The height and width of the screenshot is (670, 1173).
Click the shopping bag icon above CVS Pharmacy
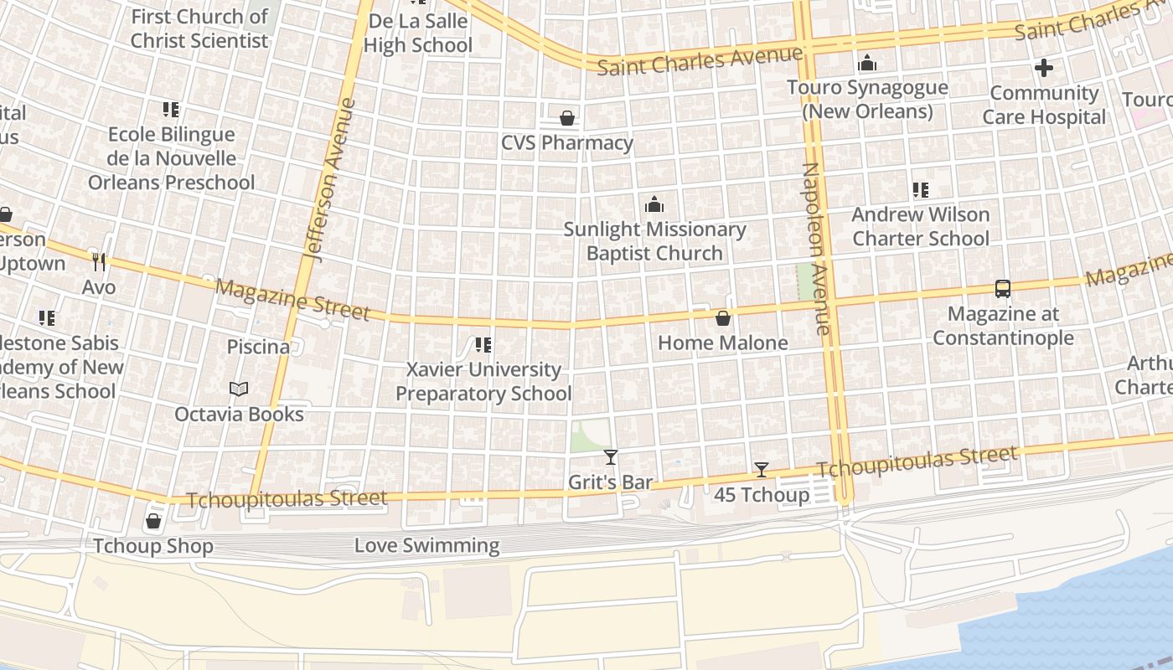(567, 118)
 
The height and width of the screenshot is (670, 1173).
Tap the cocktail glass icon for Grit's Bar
(611, 457)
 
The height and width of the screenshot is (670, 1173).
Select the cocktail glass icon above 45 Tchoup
(761, 470)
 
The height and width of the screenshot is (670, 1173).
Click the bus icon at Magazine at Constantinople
(1002, 289)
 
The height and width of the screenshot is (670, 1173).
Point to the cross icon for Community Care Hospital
(1044, 68)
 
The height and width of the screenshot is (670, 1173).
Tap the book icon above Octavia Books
(239, 389)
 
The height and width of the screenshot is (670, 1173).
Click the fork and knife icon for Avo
(99, 262)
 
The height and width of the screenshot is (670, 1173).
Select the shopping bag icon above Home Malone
(723, 318)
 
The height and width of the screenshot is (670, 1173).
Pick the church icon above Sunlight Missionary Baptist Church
(654, 204)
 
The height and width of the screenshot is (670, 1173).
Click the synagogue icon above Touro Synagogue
(867, 63)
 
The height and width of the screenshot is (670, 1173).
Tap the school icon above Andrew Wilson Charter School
(921, 190)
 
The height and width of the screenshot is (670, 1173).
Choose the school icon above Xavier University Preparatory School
(483, 345)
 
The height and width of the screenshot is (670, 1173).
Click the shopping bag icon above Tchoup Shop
(153, 522)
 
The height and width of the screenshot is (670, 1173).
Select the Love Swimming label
(426, 546)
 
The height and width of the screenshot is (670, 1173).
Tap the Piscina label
(258, 347)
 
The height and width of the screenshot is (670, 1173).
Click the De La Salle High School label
(418, 33)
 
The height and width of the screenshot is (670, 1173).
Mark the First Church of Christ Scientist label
(199, 28)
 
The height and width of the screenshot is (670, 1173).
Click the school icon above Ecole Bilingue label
(171, 110)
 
